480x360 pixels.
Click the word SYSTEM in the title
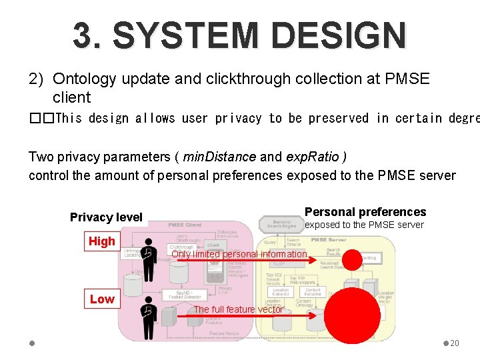coord(180,35)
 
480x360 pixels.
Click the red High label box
coord(102,241)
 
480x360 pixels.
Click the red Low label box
coord(102,299)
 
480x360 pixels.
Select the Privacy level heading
coord(106,217)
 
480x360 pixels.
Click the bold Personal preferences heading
coord(365,212)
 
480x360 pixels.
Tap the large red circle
coord(352,315)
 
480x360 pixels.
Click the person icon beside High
coord(149,255)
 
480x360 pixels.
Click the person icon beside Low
coord(149,311)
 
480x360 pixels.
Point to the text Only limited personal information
coord(239,254)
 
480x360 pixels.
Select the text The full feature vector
coord(238,309)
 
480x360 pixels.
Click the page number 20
coord(455,343)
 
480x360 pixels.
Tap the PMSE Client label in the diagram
coord(185,225)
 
